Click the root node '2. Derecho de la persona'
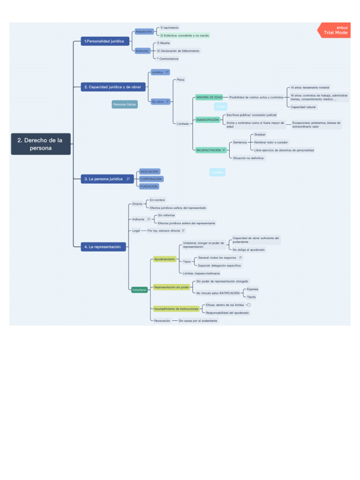tap(41, 144)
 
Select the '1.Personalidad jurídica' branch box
tap(104, 41)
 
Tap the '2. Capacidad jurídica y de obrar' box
tap(113, 87)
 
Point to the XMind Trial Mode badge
tap(334, 30)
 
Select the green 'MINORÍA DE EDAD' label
tap(209, 97)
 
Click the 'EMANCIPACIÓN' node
tap(208, 120)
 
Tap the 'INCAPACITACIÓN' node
tap(209, 150)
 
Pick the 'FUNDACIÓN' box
tap(149, 186)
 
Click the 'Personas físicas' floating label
tap(125, 105)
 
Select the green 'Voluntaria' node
tap(139, 290)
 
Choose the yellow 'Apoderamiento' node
tap(165, 259)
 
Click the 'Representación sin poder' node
tap(172, 287)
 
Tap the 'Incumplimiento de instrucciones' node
tap(176, 308)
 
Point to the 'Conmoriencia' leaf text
tap(169, 59)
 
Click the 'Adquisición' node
tap(143, 31)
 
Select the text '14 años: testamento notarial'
tap(310, 88)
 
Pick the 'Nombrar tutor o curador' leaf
tap(271, 142)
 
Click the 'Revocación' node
tap(162, 321)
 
